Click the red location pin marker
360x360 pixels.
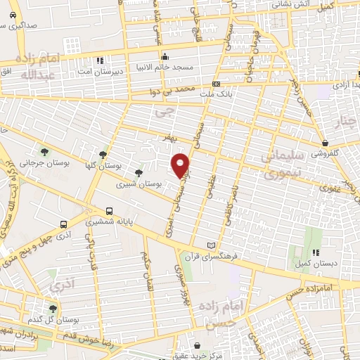point(181,165)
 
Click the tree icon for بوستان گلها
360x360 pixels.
point(103,155)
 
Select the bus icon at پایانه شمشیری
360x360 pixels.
point(109,210)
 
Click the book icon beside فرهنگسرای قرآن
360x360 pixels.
point(211,245)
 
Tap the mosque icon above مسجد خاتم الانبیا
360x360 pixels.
point(165,58)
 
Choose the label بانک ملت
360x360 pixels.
point(214,93)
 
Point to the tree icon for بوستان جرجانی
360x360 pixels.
point(44,151)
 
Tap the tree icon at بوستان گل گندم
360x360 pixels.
point(53,308)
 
